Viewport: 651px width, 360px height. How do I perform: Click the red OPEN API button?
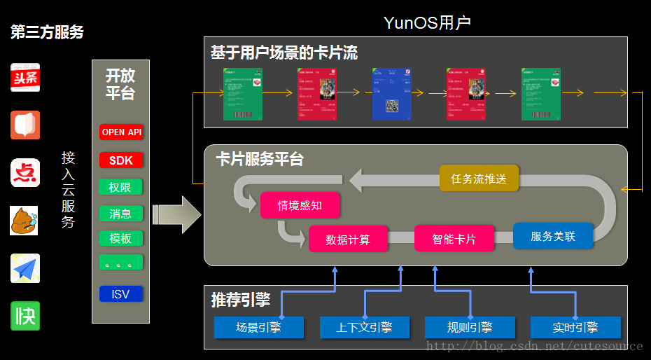click(121, 132)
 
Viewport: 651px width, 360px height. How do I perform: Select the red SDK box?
click(121, 160)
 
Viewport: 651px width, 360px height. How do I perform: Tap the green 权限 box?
click(121, 187)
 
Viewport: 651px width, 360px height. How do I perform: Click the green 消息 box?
click(121, 214)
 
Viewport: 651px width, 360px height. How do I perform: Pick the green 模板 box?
click(121, 238)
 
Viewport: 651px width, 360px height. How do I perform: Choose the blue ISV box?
click(121, 294)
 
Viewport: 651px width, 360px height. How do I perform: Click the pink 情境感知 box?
click(300, 205)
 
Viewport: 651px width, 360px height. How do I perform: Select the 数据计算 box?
click(348, 240)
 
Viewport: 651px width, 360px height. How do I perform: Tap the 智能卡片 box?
click(454, 239)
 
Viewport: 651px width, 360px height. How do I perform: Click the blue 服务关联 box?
click(553, 236)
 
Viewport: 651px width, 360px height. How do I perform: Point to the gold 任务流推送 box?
click(479, 179)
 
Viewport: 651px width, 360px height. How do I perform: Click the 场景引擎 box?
click(258, 327)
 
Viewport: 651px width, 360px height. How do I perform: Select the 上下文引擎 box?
click(364, 327)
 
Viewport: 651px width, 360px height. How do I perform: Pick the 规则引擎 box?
click(470, 327)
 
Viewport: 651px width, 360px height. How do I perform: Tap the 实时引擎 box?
click(575, 327)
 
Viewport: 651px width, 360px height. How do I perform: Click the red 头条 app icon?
click(25, 78)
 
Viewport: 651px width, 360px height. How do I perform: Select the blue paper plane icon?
click(25, 268)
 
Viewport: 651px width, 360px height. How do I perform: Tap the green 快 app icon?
click(25, 316)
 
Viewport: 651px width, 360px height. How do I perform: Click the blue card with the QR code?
click(391, 94)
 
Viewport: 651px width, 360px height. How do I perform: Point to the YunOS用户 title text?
click(427, 23)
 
